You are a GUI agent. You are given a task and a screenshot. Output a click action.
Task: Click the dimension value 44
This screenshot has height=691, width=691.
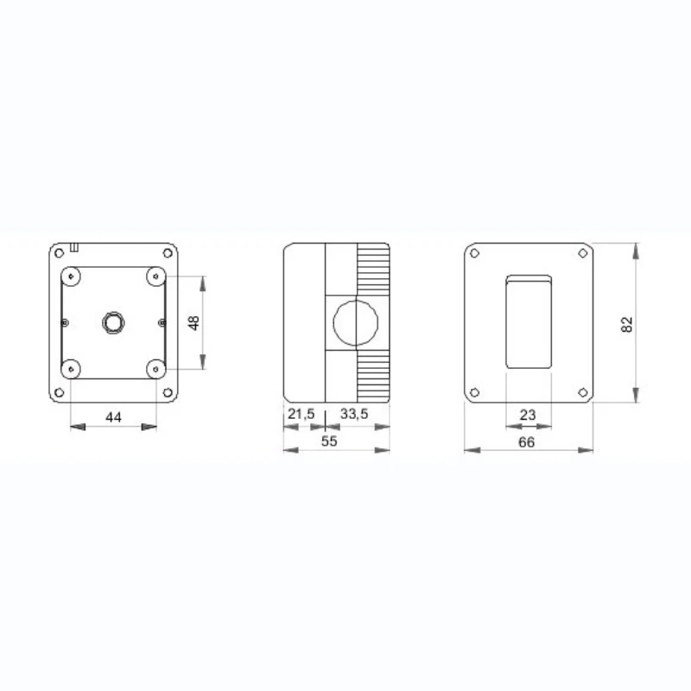point(113,417)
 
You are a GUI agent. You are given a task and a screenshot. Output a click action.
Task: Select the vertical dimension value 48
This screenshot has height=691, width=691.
point(194,322)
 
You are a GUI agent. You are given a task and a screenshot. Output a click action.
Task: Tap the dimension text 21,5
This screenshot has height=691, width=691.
point(301,415)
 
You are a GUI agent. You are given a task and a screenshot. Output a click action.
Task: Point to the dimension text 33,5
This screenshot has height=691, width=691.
point(354,415)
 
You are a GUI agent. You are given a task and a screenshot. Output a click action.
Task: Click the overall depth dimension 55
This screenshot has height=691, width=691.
point(328,441)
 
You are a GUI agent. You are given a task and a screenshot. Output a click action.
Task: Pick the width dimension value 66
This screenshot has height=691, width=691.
point(527,441)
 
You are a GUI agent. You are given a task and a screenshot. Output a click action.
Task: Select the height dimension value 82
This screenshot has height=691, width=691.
point(628,324)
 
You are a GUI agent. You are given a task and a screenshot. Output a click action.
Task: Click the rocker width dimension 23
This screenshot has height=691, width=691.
point(528,415)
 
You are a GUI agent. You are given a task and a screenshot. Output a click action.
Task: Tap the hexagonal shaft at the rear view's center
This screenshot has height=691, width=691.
point(112,322)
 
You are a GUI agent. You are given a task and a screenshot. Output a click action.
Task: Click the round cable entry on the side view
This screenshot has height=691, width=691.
point(354,322)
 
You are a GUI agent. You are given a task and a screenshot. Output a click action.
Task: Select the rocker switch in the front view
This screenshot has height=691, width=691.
point(529,322)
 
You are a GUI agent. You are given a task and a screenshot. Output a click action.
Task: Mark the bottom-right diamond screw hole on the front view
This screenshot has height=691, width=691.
point(583,393)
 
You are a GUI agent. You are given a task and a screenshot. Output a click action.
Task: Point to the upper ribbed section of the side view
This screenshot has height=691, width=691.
point(372,269)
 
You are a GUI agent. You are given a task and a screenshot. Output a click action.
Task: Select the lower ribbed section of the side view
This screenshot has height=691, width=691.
point(372,377)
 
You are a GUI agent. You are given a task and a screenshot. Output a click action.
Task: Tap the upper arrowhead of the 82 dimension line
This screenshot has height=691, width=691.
point(637,250)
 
